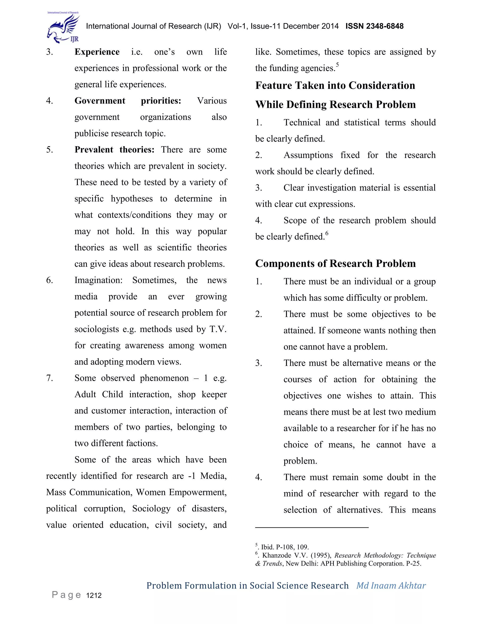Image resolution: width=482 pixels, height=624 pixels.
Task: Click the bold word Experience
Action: (x=97, y=52)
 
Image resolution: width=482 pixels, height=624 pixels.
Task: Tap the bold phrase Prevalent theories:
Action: (x=114, y=150)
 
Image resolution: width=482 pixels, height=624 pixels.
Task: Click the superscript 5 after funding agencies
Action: (x=337, y=65)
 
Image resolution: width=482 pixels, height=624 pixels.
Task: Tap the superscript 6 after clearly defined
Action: (x=327, y=233)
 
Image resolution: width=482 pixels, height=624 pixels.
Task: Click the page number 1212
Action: (x=94, y=596)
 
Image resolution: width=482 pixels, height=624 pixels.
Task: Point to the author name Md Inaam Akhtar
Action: (x=391, y=586)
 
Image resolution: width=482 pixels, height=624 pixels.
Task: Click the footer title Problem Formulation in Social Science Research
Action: (x=247, y=586)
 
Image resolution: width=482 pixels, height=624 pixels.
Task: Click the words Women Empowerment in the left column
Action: (x=181, y=492)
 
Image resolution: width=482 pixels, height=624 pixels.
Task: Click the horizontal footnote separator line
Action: (x=312, y=527)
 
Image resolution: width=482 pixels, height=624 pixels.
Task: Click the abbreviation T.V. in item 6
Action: (x=218, y=329)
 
